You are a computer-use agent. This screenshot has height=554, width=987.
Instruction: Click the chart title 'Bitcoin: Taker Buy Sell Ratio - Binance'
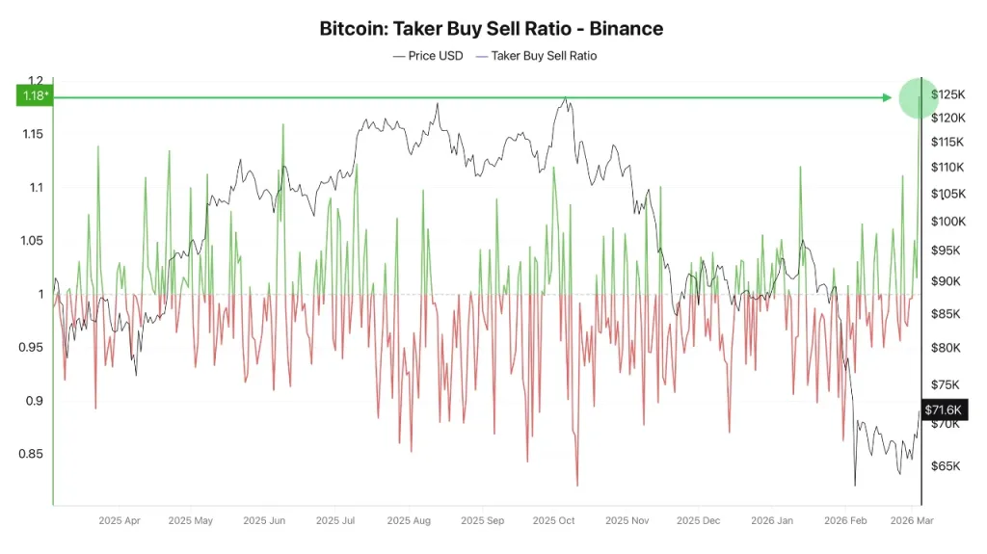pos(492,28)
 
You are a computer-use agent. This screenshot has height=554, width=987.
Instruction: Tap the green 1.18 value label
pos(35,96)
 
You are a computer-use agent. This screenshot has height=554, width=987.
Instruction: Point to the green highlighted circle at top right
pos(918,97)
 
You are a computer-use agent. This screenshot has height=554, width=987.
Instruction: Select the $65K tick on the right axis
pos(948,466)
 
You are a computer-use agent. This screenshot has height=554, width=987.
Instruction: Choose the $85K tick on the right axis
pos(948,314)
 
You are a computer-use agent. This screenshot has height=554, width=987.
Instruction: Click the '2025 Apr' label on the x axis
pos(120,521)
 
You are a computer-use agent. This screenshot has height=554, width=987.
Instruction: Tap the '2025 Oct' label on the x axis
pos(553,521)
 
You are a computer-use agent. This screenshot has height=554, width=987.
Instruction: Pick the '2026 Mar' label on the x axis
pos(912,521)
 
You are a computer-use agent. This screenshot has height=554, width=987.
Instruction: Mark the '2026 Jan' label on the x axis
pos(772,521)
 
